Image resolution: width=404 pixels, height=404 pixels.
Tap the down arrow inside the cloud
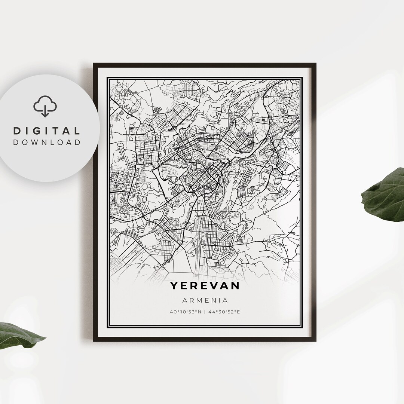45,111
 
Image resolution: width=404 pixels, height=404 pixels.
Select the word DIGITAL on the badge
47,131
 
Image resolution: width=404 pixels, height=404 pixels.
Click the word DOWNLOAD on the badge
47,142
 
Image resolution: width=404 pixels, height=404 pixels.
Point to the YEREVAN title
205,285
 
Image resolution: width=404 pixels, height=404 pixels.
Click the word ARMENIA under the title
205,300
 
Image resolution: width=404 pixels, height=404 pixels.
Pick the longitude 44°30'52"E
224,312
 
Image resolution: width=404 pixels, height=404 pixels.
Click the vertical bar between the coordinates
205,312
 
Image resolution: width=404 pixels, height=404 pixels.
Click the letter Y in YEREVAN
174,285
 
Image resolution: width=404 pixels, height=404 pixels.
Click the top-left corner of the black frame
94,64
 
